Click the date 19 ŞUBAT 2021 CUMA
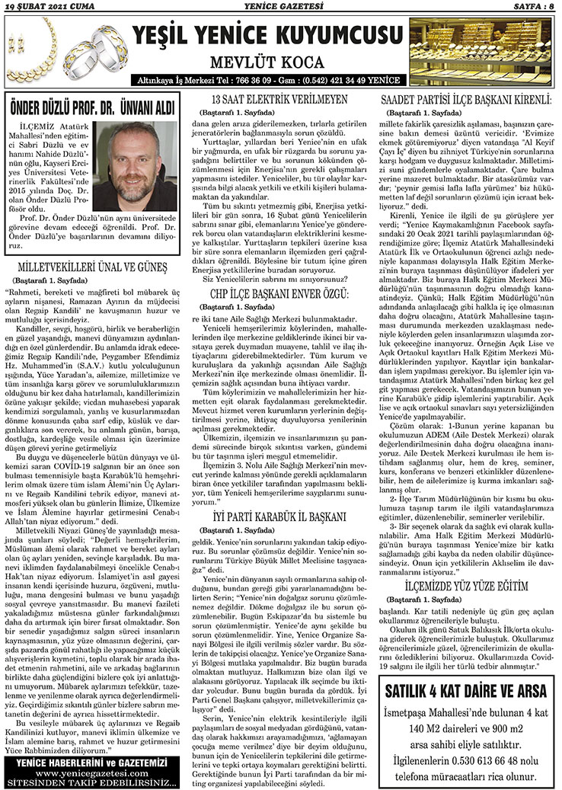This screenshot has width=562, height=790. coord(47,7)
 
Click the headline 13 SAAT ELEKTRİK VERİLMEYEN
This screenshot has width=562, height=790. coord(279,100)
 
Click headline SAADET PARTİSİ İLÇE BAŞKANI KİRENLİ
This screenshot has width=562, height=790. coord(465,100)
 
